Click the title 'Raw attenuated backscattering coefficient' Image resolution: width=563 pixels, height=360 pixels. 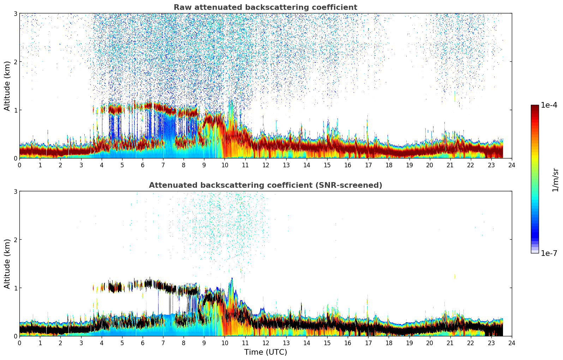(265, 7)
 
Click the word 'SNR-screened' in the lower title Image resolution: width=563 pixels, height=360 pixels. (356, 185)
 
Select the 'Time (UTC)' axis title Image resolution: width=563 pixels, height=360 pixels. (265, 352)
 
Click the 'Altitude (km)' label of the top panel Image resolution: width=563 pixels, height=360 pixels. (7, 86)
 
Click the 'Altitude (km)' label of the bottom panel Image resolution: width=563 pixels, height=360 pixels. (7, 264)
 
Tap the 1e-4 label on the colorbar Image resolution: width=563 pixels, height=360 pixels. (549, 105)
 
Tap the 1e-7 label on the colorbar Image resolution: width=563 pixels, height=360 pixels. (549, 253)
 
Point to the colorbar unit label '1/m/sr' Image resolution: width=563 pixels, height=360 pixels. (555, 180)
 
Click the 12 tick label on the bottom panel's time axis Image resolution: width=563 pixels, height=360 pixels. (265, 343)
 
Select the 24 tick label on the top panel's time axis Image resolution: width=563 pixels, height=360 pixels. (512, 165)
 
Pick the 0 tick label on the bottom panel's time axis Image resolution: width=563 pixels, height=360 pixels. (19, 343)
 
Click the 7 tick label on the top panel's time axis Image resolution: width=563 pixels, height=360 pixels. (163, 165)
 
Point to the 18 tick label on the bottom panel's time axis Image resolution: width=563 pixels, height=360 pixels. (389, 343)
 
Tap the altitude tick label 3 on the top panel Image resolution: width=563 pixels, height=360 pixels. (15, 13)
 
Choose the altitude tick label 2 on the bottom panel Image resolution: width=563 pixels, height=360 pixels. (15, 240)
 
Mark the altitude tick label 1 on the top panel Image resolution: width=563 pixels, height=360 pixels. (15, 110)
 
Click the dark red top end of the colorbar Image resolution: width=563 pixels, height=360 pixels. (535, 107)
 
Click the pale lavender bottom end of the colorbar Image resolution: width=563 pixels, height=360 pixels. (535, 251)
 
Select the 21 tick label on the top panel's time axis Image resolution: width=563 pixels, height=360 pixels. (450, 165)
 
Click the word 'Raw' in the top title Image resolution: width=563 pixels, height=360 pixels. (181, 7)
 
